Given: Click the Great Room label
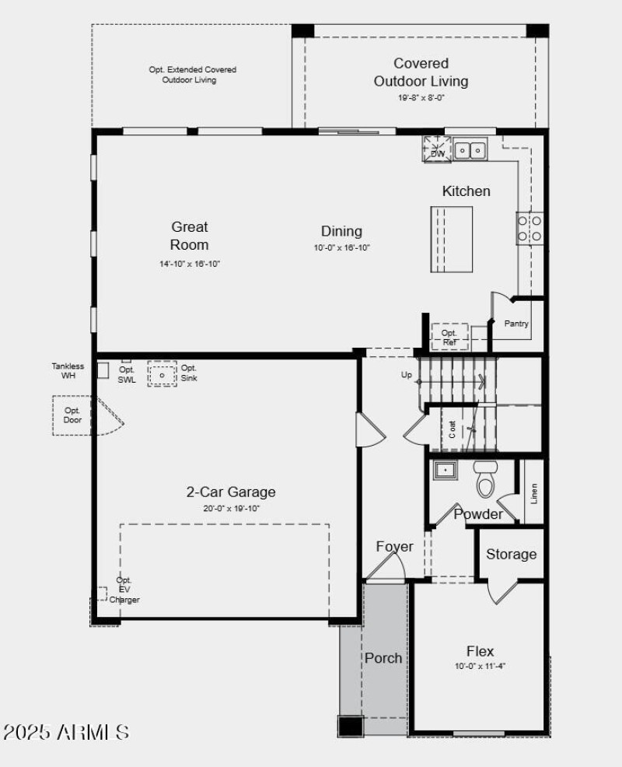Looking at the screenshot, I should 190,236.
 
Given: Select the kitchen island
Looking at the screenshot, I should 452,239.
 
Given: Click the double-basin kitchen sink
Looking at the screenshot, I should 470,149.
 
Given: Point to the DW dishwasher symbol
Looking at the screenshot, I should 437,149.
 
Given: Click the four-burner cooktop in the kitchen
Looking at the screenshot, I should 530,228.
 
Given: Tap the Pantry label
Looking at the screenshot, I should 517,324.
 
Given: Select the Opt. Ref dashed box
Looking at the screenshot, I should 449,336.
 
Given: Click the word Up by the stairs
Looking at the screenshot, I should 407,375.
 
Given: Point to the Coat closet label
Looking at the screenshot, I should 453,429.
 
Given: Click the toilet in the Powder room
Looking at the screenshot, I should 486,479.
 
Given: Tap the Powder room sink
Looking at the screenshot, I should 445,471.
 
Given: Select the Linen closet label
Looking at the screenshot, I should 533,493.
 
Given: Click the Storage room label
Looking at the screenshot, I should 511,554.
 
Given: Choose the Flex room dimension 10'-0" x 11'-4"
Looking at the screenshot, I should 480,667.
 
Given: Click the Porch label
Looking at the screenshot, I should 383,658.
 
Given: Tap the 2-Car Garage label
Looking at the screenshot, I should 230,492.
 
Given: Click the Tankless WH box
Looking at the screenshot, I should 103,370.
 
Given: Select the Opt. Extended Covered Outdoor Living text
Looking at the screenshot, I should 192,75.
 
